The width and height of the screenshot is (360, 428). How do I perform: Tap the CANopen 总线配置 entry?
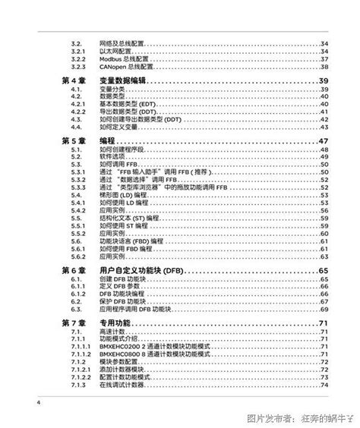125,66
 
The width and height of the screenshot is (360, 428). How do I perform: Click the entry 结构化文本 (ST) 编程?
128,218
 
